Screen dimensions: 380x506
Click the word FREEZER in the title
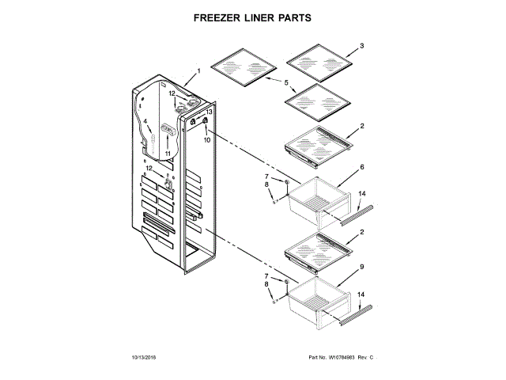217,16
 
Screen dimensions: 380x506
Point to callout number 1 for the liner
198,72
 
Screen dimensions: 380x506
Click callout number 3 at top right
361,47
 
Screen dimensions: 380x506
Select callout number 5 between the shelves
286,82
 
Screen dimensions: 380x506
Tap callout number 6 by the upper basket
361,168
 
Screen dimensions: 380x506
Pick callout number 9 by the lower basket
361,267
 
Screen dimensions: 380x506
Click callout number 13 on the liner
210,112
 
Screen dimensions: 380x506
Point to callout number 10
207,139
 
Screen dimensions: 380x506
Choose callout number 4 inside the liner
146,121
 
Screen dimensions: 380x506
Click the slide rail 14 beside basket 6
356,214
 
